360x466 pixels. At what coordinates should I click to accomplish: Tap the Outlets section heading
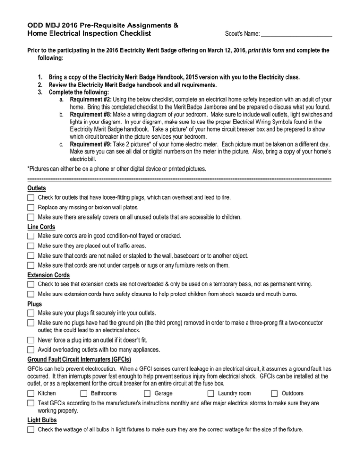pos(37,189)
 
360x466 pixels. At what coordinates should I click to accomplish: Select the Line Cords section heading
pos(41,227)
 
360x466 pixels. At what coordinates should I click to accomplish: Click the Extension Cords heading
pos(49,275)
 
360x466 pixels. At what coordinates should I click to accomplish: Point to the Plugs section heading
pos(35,304)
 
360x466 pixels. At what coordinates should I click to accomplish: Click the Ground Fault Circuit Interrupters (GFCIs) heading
pos(79,359)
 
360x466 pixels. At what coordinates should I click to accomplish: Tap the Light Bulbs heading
pos(42,420)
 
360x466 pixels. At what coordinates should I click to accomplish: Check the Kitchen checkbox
pos(31,393)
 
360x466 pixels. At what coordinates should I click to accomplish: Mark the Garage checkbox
pos(149,393)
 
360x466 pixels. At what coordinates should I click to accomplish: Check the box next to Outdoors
pos(275,393)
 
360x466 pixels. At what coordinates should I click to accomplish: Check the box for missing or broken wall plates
pos(31,208)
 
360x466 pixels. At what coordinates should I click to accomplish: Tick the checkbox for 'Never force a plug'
pos(31,340)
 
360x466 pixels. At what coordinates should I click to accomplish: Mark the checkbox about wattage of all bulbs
pos(31,429)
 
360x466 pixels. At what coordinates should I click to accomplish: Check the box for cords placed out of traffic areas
pos(31,246)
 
